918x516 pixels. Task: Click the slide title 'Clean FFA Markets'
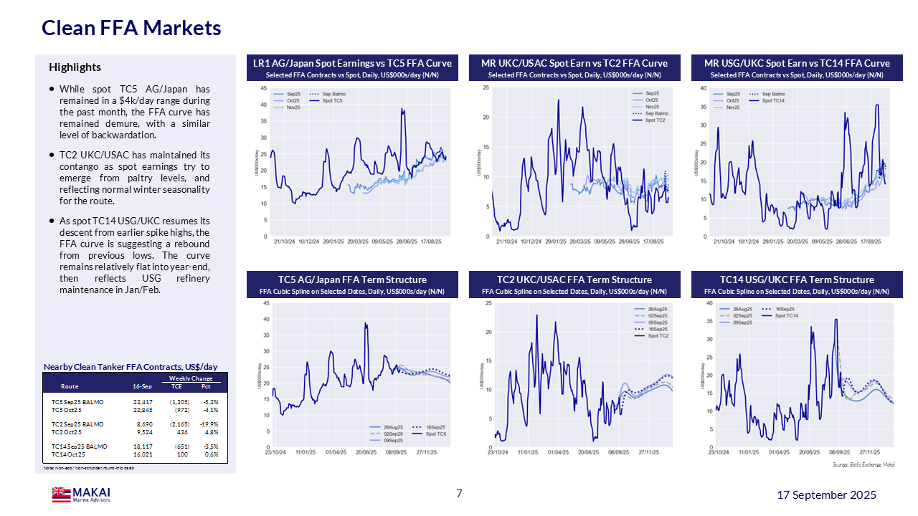pyautogui.click(x=131, y=28)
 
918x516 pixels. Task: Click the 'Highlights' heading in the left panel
pyautogui.click(x=75, y=67)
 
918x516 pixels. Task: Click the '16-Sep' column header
pyautogui.click(x=142, y=386)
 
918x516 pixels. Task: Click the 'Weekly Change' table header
pyautogui.click(x=191, y=378)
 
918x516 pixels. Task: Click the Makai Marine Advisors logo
pyautogui.click(x=81, y=494)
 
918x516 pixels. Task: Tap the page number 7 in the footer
pyautogui.click(x=459, y=493)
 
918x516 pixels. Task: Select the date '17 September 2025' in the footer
pyautogui.click(x=827, y=495)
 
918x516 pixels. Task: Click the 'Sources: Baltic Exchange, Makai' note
pyautogui.click(x=863, y=464)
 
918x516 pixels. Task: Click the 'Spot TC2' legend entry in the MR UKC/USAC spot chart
pyautogui.click(x=656, y=120)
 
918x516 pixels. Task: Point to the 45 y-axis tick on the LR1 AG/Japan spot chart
pyautogui.click(x=263, y=88)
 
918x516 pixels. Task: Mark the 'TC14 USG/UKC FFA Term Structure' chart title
pyautogui.click(x=797, y=279)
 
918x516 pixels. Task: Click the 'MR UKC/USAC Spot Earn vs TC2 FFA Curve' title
pyautogui.click(x=574, y=63)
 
